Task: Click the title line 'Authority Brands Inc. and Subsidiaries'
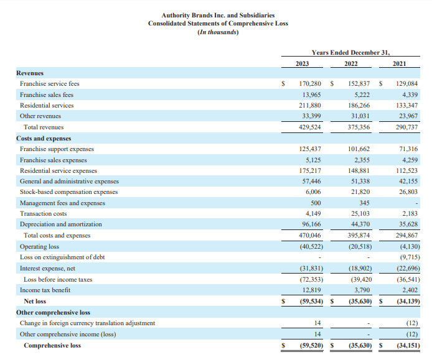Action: (x=218, y=15)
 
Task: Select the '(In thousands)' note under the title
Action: (x=218, y=32)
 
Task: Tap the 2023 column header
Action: (x=304, y=64)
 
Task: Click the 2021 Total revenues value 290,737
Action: (x=406, y=127)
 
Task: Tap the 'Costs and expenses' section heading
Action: (x=44, y=138)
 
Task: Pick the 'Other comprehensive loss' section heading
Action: (x=53, y=312)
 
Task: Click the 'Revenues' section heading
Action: (x=30, y=73)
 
